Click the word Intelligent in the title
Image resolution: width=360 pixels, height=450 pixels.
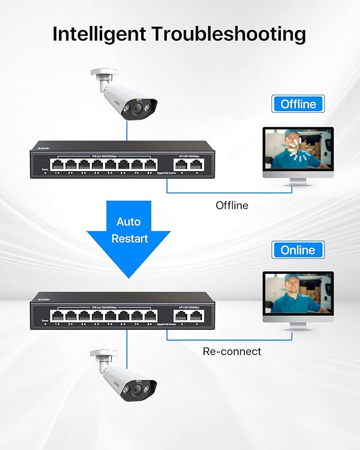pos(99,33)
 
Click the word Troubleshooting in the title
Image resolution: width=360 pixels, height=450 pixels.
pos(229,33)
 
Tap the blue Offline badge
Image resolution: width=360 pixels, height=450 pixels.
pos(298,104)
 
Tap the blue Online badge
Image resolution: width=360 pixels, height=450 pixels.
pos(297,250)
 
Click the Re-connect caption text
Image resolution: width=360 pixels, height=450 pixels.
pos(232,351)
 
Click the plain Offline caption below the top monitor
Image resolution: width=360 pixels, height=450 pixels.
pos(232,205)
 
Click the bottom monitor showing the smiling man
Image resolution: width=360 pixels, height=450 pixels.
pos(298,294)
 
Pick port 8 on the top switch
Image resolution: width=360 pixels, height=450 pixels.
pos(150,165)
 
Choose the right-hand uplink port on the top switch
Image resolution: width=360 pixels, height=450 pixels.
pos(196,165)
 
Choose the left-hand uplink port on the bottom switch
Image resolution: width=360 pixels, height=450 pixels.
pos(182,316)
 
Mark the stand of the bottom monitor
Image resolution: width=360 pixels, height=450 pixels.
pos(298,325)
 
